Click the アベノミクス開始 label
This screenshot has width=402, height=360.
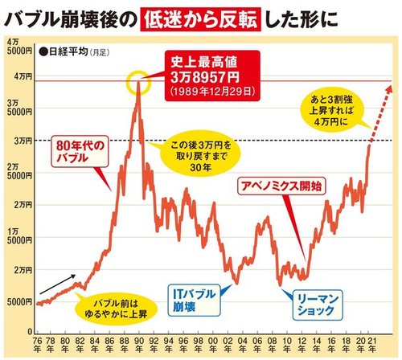(x=280, y=186)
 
